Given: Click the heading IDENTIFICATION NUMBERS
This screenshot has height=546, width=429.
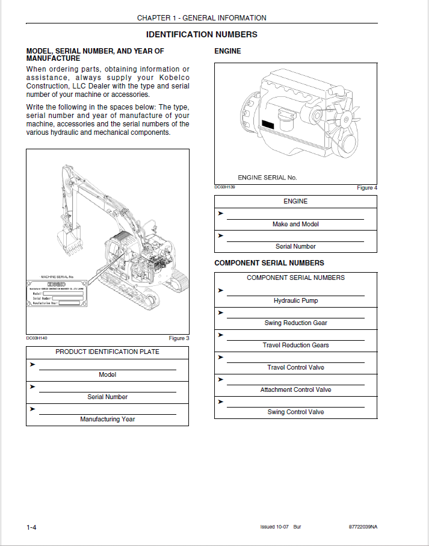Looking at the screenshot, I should (x=202, y=34).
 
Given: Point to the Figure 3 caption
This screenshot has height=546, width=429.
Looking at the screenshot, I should (x=179, y=338).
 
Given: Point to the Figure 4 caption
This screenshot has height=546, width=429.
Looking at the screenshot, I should (x=367, y=188).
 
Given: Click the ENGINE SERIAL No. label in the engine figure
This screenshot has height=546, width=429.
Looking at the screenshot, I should (x=267, y=178).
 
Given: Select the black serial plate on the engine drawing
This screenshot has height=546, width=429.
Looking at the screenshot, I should (x=268, y=126).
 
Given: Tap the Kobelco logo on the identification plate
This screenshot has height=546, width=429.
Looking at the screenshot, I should (x=58, y=285).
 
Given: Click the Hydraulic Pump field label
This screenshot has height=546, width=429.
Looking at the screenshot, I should (x=295, y=300).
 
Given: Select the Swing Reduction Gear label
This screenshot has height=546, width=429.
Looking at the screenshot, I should (x=295, y=323).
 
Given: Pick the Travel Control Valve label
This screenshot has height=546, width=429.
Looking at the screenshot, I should (x=295, y=367).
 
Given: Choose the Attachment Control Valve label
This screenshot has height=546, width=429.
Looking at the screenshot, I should (x=295, y=389).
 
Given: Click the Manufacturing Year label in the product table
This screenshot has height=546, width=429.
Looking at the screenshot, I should (x=107, y=419).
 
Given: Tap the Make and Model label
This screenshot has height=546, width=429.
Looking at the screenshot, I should (x=295, y=224).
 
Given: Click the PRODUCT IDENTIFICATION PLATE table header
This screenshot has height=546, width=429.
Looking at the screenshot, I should (x=107, y=352).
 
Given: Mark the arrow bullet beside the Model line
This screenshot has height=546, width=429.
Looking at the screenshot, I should (x=32, y=365).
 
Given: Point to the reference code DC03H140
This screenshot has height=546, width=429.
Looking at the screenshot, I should (x=37, y=338).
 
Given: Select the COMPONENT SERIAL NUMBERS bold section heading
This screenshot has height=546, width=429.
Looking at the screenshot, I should (x=269, y=263).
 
